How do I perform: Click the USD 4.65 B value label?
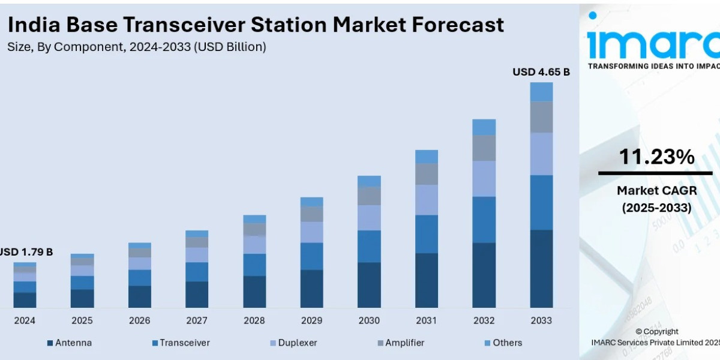tap(541, 72)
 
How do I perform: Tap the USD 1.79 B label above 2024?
tap(26, 252)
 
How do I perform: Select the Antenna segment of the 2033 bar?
tap(541, 268)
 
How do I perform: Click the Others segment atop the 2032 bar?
tap(484, 127)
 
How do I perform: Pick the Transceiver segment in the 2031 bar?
tap(427, 234)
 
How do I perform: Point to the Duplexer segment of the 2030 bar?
tap(369, 218)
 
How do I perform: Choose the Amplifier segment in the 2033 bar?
tap(541, 117)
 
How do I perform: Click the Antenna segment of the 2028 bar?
tap(254, 292)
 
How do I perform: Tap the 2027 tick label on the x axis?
tap(197, 321)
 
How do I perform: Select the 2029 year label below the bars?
tap(311, 321)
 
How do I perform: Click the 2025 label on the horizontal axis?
tap(82, 321)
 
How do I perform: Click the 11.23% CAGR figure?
tap(656, 157)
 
